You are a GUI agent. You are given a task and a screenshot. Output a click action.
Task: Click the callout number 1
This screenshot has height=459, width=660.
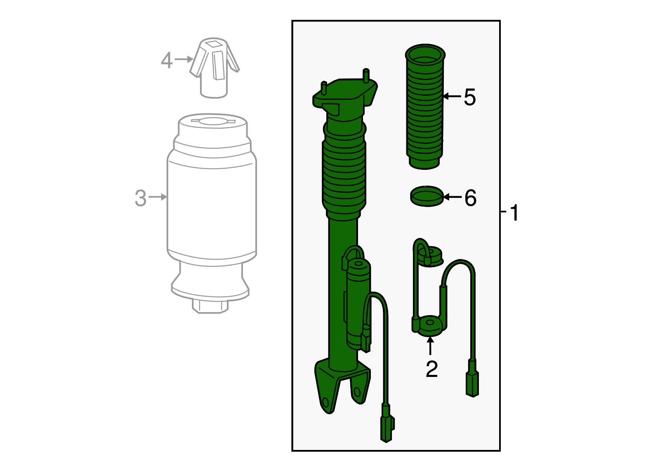coord(514,213)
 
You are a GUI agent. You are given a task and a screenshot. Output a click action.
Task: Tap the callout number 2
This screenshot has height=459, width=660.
coord(431,369)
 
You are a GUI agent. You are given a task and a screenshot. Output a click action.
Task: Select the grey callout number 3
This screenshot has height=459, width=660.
coord(141,198)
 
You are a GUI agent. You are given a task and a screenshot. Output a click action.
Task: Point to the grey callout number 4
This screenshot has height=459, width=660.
coord(167,60)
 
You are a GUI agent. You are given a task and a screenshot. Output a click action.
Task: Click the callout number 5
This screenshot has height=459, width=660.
coord(470,97)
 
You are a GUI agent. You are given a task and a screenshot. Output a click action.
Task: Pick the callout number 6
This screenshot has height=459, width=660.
coord(470,198)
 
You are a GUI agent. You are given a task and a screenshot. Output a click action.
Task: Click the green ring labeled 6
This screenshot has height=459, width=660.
coord(427,196)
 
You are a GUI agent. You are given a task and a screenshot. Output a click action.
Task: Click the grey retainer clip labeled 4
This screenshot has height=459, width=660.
coord(214,68)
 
